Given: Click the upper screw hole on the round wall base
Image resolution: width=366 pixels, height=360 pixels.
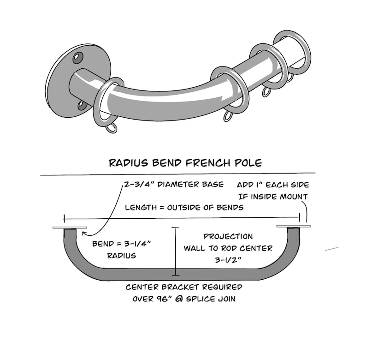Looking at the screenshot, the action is [x=78, y=58].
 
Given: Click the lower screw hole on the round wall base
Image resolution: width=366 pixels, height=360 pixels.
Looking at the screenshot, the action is [x=82, y=105].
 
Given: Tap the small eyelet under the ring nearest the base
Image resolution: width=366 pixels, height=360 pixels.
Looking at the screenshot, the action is [x=112, y=129].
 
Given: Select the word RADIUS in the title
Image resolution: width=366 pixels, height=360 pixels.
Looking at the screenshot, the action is [x=129, y=163].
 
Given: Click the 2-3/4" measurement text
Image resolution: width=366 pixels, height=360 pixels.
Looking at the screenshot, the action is [x=140, y=184].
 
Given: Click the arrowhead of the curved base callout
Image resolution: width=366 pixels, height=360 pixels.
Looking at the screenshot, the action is [x=83, y=233].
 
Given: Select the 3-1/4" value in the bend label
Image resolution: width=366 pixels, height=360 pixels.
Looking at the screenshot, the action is [x=137, y=244].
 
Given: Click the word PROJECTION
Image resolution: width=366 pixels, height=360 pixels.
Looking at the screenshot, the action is [x=228, y=236].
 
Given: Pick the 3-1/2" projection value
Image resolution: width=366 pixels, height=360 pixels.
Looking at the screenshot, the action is [x=228, y=260].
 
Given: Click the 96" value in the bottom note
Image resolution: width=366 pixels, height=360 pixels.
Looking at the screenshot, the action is [x=162, y=299].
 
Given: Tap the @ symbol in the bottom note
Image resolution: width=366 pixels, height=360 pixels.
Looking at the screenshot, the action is [x=179, y=299].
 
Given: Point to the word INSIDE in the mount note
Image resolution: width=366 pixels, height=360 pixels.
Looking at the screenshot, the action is [x=264, y=197].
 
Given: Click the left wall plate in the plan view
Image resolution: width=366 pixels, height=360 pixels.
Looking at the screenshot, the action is [x=70, y=228].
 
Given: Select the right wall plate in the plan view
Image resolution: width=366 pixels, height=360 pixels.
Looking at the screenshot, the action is [x=294, y=226].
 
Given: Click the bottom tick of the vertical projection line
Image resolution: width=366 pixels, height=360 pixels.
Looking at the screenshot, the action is [x=176, y=275].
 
